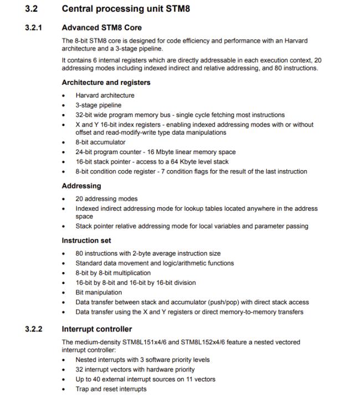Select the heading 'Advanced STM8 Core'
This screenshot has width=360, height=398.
click(x=101, y=27)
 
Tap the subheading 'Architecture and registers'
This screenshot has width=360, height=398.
click(x=106, y=83)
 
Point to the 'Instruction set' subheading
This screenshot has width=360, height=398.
click(x=86, y=241)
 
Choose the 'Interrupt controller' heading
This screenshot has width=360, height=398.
click(x=97, y=329)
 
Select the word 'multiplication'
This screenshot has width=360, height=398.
click(x=128, y=273)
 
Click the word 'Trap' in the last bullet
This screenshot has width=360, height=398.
click(x=83, y=389)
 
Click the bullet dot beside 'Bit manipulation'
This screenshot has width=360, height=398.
click(x=66, y=293)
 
